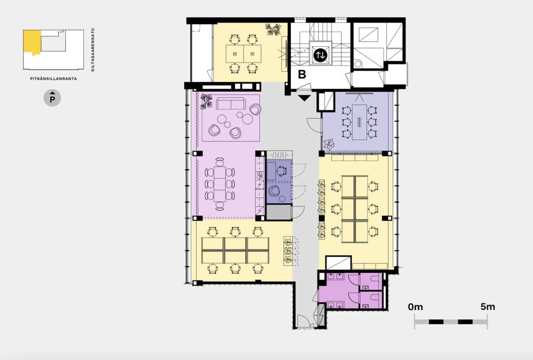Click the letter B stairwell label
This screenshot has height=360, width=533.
point(302,74)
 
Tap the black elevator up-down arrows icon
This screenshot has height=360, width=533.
point(320,55)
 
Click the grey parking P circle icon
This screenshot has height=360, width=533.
point(53,98)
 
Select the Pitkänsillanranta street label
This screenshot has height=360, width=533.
point(54,79)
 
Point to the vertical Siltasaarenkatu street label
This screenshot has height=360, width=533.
point(93,50)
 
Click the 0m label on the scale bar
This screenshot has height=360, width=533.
point(415,307)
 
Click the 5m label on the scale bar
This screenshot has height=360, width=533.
point(487,307)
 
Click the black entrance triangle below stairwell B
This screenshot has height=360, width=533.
point(304,98)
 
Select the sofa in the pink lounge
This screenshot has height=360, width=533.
point(230,104)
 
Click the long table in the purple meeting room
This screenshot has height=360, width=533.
point(359,122)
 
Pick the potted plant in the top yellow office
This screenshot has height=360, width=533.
point(273,29)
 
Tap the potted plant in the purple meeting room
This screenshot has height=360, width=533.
point(329,145)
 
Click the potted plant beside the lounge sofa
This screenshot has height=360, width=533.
point(206,101)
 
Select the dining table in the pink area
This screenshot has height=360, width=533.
point(220,184)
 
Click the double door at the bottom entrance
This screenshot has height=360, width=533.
point(305,322)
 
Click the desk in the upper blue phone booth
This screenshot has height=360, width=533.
point(271,171)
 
